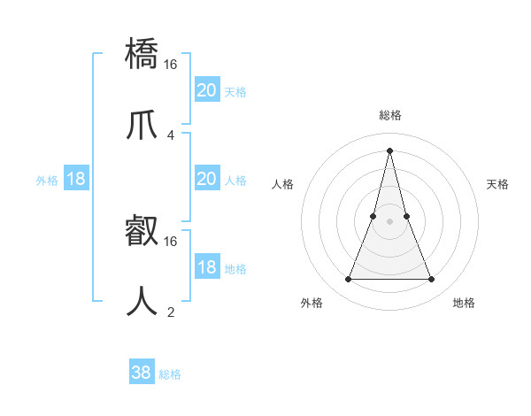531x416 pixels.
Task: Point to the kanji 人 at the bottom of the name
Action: point(142,301)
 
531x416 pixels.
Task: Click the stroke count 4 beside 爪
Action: point(170,135)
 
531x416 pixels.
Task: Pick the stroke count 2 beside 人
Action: point(170,312)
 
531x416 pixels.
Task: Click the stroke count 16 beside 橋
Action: point(171,64)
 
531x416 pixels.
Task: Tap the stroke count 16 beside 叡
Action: point(171,241)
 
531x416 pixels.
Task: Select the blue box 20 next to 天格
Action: point(207,90)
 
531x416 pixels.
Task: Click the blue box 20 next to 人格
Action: point(207,179)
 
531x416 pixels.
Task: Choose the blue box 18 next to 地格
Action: point(207,267)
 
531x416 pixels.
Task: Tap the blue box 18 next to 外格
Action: point(76,179)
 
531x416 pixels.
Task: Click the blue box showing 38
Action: point(142,373)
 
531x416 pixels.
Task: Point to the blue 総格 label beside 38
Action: point(170,374)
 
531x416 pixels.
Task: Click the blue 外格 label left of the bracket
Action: point(47,181)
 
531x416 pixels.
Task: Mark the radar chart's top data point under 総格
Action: point(389,150)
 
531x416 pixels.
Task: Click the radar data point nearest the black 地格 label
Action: point(432,280)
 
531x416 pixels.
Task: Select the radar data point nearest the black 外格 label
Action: point(348,280)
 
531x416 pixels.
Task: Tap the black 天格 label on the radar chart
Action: point(497,184)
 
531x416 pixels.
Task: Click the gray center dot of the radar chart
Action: point(389,221)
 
